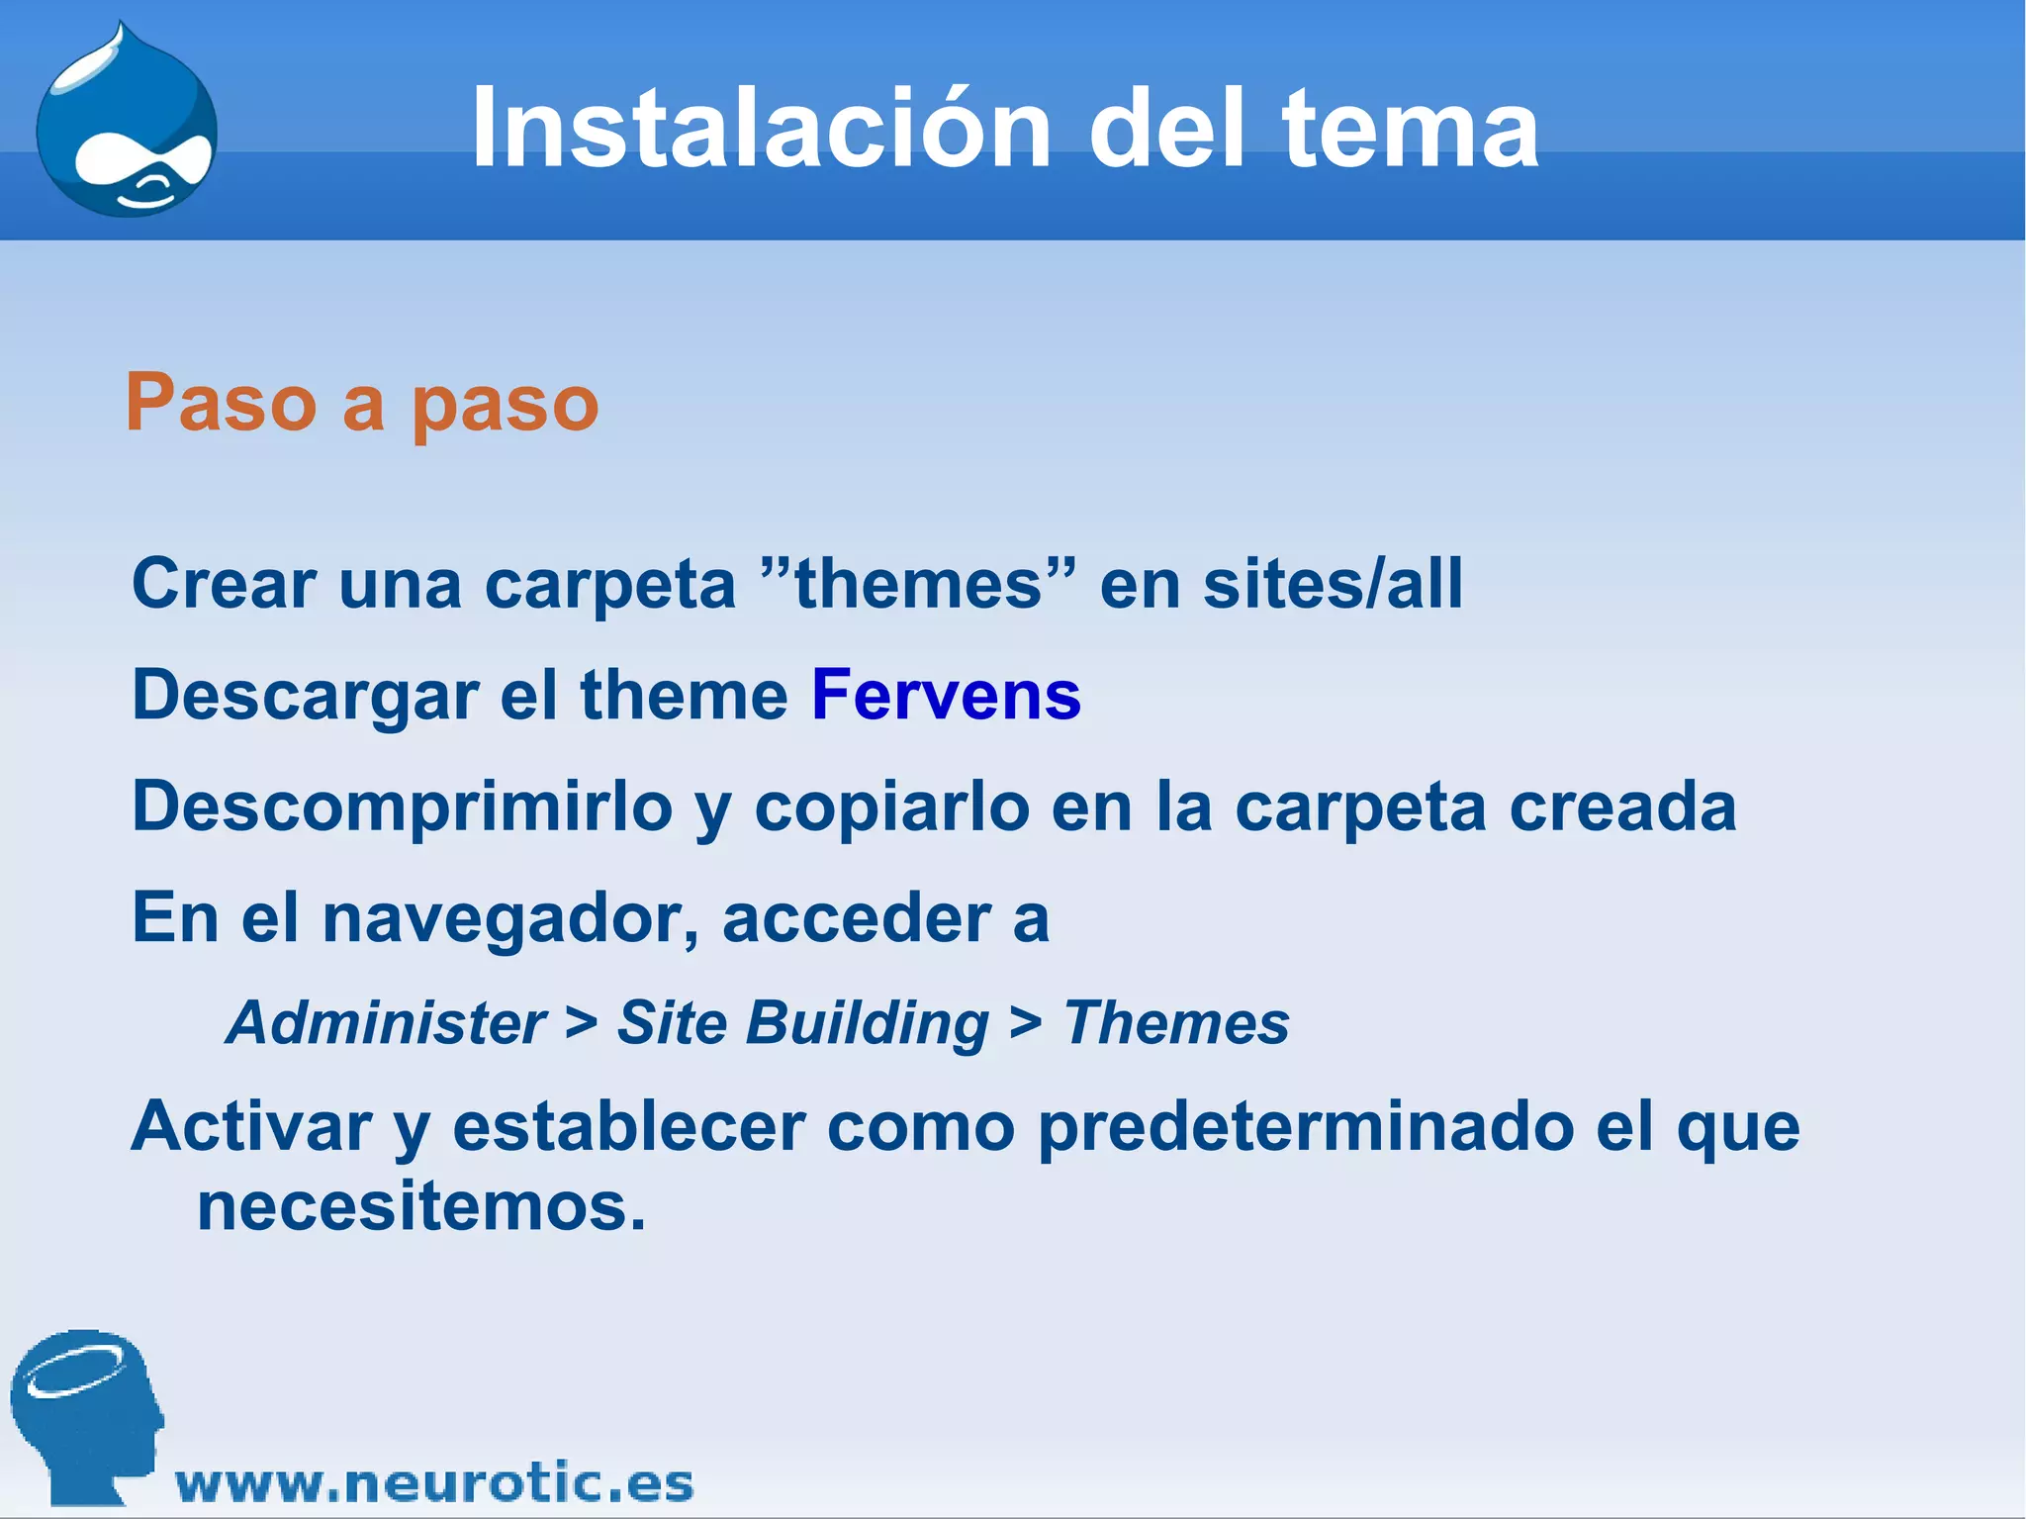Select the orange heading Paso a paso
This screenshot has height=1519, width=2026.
(x=362, y=403)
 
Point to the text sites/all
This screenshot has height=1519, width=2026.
(x=1332, y=584)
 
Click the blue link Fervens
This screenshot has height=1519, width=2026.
(x=946, y=695)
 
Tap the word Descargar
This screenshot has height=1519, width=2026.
(x=305, y=695)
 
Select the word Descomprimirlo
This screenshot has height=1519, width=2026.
(x=402, y=807)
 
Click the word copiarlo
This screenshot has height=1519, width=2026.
(x=892, y=807)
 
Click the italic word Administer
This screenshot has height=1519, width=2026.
(x=387, y=1022)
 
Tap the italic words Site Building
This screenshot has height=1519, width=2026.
(x=802, y=1022)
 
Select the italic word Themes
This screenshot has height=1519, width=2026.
(x=1175, y=1022)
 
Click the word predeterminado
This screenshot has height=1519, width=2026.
(x=1305, y=1128)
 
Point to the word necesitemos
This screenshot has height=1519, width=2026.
(x=420, y=1207)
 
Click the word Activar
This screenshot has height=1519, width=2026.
(x=251, y=1128)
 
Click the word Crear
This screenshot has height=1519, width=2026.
(x=224, y=584)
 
